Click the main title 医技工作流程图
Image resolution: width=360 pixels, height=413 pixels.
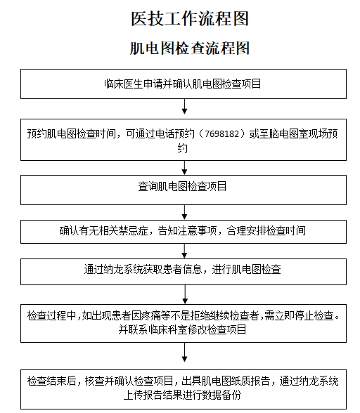point(190,19)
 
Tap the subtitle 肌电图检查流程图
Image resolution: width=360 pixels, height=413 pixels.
point(190,48)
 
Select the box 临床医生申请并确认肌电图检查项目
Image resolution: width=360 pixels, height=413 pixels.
point(184,84)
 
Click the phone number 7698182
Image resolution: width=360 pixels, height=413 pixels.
point(221,133)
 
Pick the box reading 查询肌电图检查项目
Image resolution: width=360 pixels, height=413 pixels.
point(184,190)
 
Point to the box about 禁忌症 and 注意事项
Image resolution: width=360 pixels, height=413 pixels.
point(184,232)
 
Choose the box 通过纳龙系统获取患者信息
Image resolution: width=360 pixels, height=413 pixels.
point(184,272)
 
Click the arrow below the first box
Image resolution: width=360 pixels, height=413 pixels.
point(185,107)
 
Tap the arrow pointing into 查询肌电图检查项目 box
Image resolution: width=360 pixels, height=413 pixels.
point(185,168)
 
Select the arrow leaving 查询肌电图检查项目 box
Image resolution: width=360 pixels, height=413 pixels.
point(185,212)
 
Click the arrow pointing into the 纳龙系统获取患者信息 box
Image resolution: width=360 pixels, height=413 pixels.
point(185,251)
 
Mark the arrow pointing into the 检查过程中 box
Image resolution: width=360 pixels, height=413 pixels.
point(185,294)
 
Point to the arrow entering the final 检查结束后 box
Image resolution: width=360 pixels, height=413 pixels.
point(185,352)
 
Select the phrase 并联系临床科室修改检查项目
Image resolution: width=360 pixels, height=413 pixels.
point(182,330)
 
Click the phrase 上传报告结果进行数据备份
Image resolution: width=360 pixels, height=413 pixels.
point(182,395)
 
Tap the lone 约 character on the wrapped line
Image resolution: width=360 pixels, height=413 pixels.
point(182,148)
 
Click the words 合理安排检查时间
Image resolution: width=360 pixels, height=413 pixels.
point(266,230)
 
